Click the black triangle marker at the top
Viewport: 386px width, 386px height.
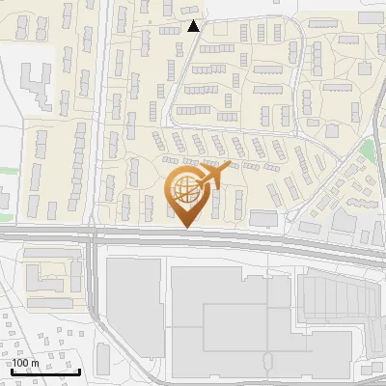193,26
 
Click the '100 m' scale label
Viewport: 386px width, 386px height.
26,363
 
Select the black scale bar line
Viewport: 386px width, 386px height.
45,372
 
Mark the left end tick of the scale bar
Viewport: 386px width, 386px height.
13,370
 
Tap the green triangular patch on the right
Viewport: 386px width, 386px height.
367,151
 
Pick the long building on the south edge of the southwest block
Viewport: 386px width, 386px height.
53,303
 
